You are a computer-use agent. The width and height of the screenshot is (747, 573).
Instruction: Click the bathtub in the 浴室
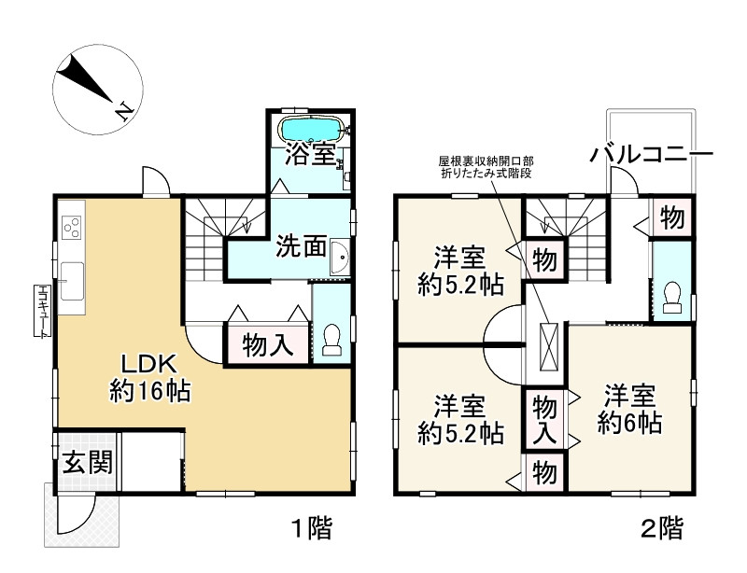point(312,129)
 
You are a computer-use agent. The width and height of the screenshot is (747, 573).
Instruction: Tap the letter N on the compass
point(124,111)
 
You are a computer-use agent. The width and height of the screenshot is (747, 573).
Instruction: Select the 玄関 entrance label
point(88,462)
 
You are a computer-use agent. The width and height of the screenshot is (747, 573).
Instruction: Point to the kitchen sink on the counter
point(72,282)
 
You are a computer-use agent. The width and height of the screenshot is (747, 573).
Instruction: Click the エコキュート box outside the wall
point(42,311)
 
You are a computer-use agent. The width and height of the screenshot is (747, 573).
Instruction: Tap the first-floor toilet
point(331,339)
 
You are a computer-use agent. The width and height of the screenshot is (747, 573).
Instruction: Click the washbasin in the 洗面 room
point(340,258)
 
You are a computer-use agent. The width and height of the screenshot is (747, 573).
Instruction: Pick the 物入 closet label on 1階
point(267,345)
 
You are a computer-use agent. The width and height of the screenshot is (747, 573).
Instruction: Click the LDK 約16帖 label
point(149,378)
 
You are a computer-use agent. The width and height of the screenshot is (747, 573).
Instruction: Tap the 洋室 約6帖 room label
point(629,409)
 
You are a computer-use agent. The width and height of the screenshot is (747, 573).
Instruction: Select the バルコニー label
point(651,154)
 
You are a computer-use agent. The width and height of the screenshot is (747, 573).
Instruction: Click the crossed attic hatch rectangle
point(548,346)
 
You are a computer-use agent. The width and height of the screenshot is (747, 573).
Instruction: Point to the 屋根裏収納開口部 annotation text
point(486,161)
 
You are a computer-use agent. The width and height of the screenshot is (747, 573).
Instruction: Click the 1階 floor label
point(312,528)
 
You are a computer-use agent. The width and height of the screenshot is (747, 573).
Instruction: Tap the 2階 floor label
point(662,528)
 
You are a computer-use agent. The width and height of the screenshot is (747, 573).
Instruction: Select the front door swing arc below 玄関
point(78,515)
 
